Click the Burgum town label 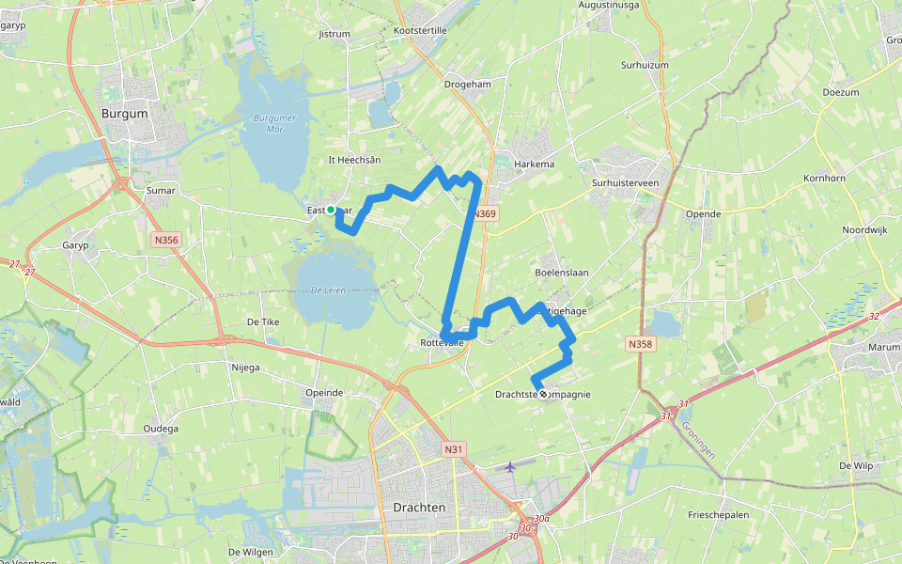[x=124, y=114]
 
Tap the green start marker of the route [x=331, y=210]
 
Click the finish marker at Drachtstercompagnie [x=543, y=394]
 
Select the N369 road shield [x=484, y=214]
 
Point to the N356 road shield [x=164, y=241]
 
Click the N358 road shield [x=640, y=344]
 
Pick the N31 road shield [x=455, y=449]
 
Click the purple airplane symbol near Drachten [x=510, y=466]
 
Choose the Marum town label [x=857, y=347]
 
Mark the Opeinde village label [x=324, y=392]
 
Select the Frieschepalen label [x=719, y=515]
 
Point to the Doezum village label [x=840, y=92]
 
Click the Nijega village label [x=244, y=368]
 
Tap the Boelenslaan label [x=561, y=273]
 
